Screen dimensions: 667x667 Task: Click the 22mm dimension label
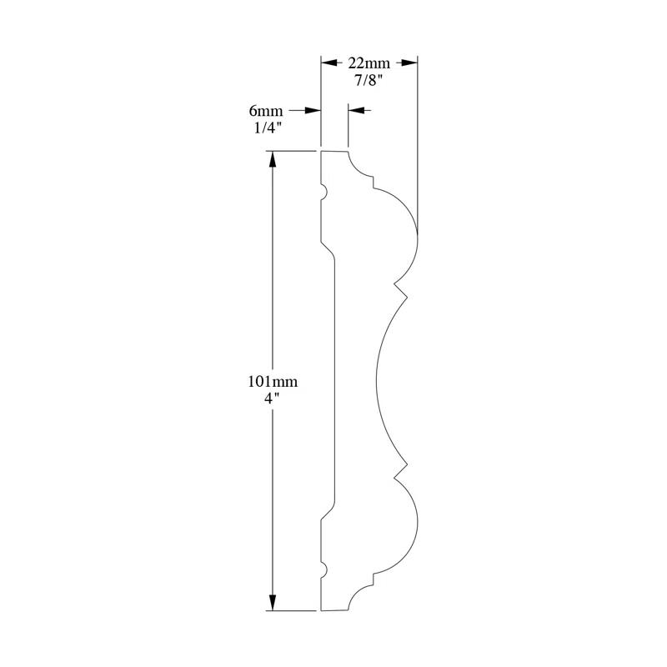click(x=369, y=63)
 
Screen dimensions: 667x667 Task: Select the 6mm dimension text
click(x=266, y=111)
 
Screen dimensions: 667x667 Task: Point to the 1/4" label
click(x=268, y=128)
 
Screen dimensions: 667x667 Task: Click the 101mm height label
click(x=273, y=382)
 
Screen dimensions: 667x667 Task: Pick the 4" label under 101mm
click(x=273, y=399)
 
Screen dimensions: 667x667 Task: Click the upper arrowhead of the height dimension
click(x=273, y=159)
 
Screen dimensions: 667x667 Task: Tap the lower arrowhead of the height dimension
click(x=273, y=602)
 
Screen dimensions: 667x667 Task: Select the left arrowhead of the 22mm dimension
click(x=328, y=63)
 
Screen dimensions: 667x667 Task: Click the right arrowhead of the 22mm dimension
click(x=409, y=63)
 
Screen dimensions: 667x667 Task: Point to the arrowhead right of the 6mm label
click(x=313, y=111)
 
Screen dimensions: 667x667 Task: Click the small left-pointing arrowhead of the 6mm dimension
click(x=356, y=111)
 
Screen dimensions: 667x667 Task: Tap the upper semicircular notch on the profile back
click(x=323, y=192)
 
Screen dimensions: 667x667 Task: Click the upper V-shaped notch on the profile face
click(x=401, y=289)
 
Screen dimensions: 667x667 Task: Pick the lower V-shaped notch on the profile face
click(x=401, y=471)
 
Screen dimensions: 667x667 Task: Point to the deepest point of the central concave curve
click(x=377, y=381)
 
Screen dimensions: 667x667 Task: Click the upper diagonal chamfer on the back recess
click(x=328, y=249)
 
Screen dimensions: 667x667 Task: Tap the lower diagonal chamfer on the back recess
click(x=328, y=512)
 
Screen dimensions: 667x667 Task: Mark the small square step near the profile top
click(x=373, y=182)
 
